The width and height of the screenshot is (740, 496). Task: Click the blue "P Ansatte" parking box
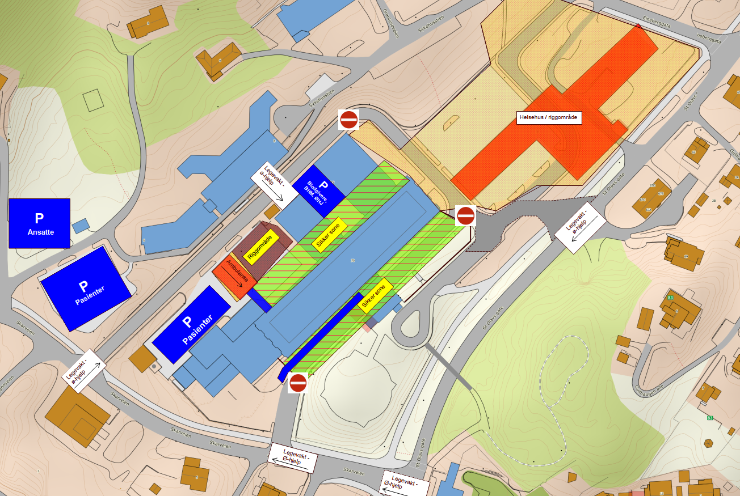coord(39,223)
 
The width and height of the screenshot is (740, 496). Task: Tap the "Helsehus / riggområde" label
coord(549,118)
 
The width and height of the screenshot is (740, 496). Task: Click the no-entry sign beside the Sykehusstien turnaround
coord(348,120)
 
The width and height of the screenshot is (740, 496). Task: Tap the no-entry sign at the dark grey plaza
coord(465,215)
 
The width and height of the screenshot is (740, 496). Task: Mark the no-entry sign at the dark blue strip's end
coord(298,383)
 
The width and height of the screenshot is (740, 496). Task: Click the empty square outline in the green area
coord(93,100)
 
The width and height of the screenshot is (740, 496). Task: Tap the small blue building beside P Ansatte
coord(81,225)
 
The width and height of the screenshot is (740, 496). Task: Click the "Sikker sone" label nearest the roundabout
coord(375,296)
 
